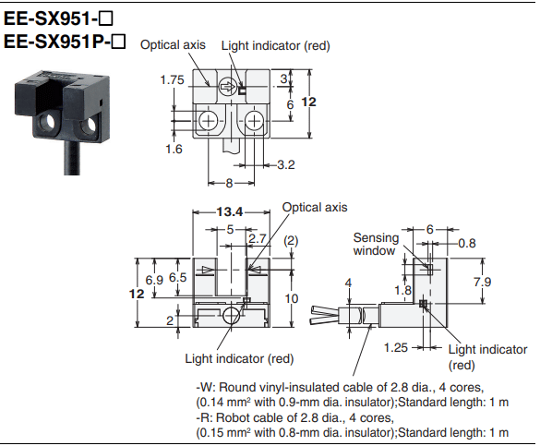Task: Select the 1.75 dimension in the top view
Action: click(172, 80)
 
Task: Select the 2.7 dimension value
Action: click(258, 238)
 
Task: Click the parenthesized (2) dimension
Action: click(291, 239)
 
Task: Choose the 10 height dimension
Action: click(292, 298)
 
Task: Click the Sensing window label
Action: click(376, 244)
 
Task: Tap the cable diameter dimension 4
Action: click(348, 283)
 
